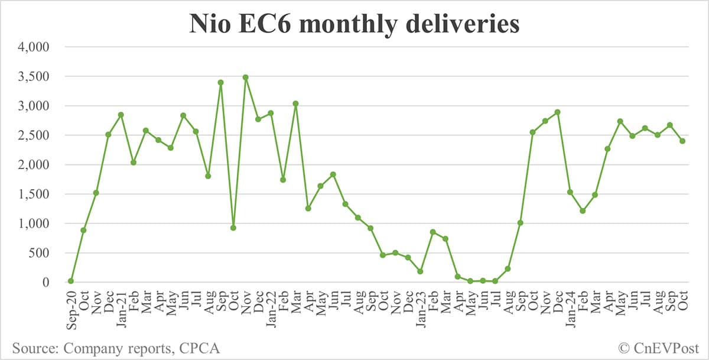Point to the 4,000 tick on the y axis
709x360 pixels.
pos(34,47)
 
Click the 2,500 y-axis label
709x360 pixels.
pos(34,135)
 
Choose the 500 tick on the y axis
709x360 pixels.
pos(39,253)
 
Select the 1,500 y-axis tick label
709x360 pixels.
pos(34,194)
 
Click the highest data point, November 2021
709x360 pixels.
pos(245,77)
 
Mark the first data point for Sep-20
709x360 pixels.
pos(71,281)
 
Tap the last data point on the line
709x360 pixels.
pos(682,141)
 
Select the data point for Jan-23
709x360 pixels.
pos(420,271)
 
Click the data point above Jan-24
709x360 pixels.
pos(570,192)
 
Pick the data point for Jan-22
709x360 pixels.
pos(271,113)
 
